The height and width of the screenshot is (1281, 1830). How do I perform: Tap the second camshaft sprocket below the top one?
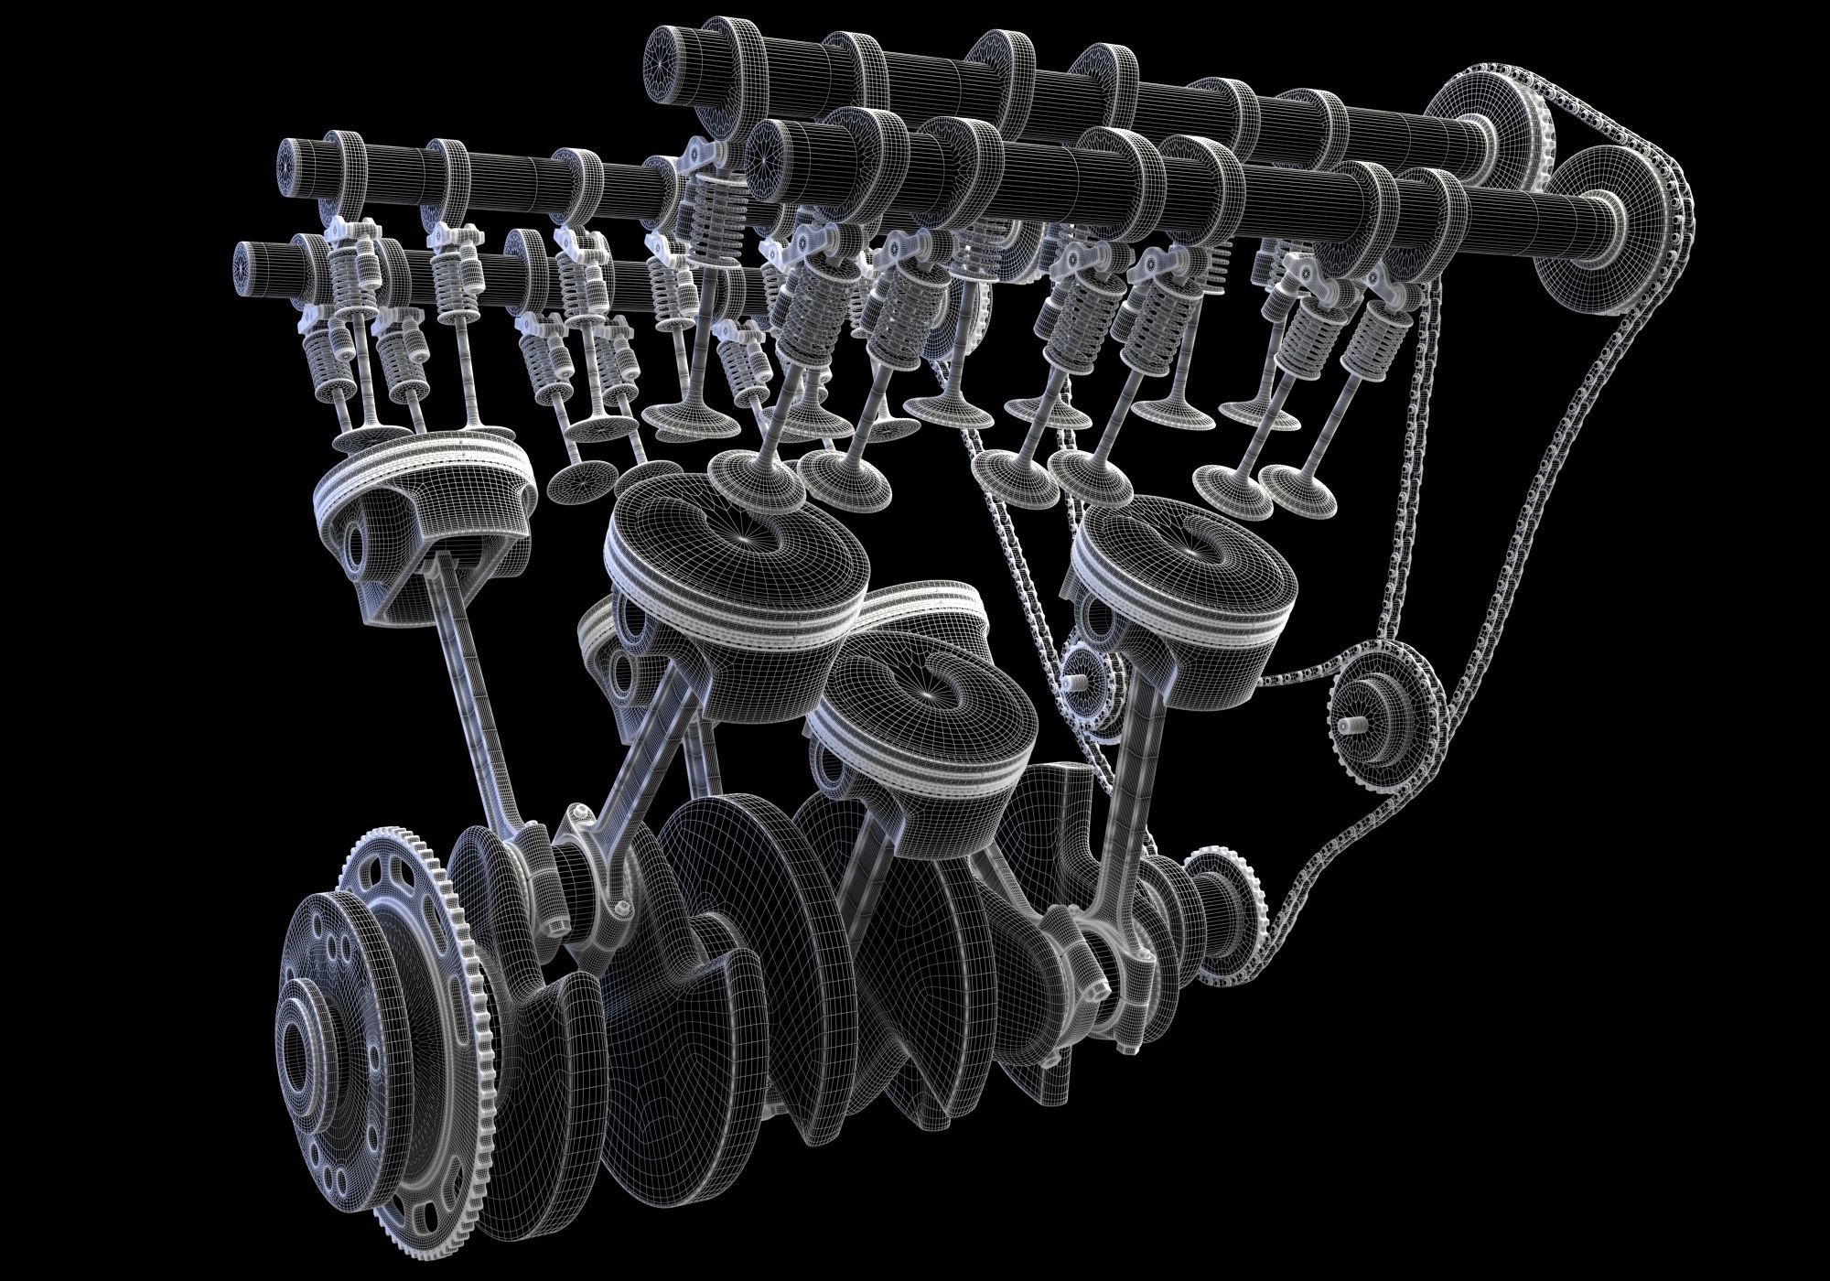tap(1588, 229)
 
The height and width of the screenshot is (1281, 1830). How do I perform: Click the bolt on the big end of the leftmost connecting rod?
tap(577, 814)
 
